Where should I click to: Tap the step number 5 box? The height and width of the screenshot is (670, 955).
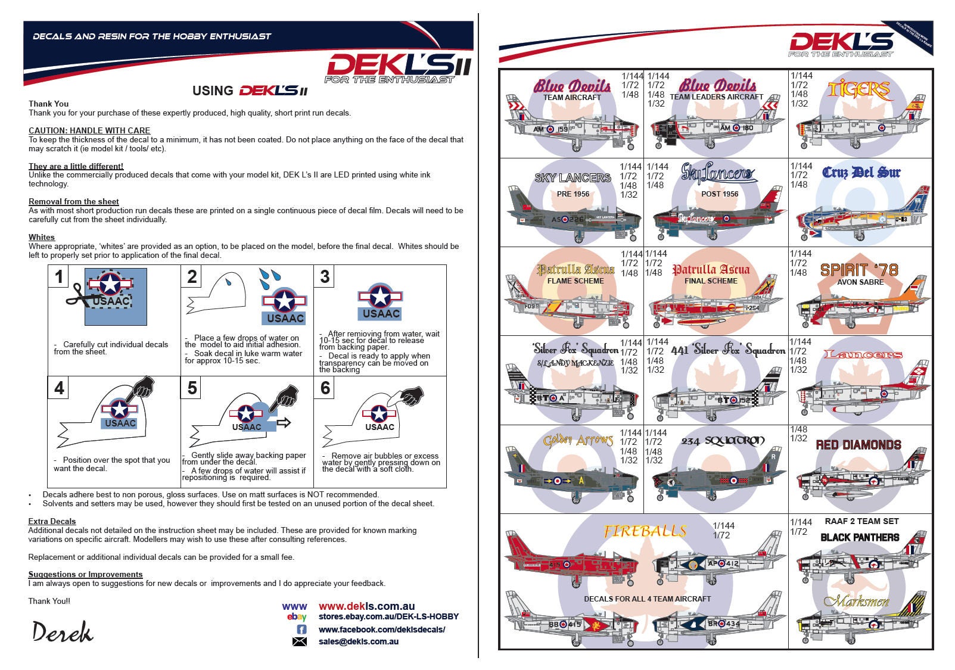[192, 388]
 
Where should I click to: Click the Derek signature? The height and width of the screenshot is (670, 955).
[63, 632]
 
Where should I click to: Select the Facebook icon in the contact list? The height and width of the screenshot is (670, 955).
[301, 630]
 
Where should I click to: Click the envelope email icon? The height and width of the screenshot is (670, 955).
[300, 641]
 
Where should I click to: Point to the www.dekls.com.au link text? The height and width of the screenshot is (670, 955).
[366, 606]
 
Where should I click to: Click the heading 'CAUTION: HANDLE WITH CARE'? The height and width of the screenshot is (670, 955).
[89, 130]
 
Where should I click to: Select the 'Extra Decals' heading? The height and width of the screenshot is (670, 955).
[52, 521]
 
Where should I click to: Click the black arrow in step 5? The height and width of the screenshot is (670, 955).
[284, 422]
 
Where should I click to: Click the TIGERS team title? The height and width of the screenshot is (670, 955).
[858, 90]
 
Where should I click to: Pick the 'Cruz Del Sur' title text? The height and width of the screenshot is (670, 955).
[861, 173]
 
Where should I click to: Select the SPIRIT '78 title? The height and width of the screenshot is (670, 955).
[859, 270]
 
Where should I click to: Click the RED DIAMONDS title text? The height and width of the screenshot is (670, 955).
[858, 445]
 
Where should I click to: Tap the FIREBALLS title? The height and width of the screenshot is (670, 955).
[645, 531]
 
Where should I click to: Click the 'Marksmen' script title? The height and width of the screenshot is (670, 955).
[856, 601]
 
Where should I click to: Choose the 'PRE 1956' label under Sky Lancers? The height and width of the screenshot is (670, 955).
[573, 194]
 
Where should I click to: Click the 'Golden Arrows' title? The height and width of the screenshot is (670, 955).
[577, 441]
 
